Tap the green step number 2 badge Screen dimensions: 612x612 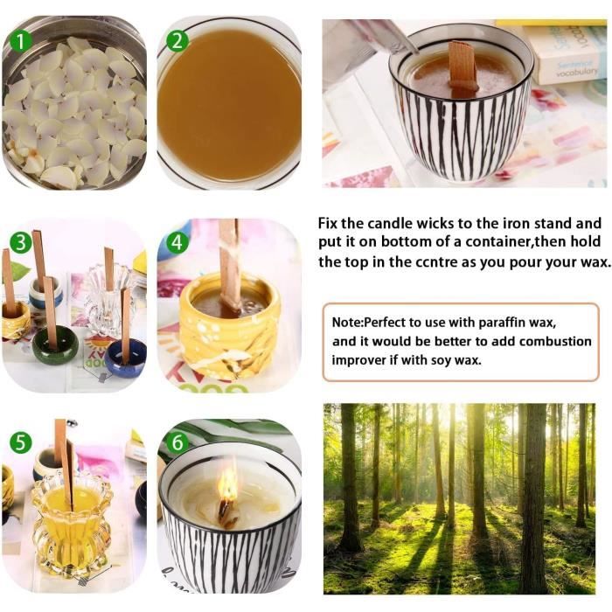pos(177,41)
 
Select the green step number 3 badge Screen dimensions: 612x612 pos(20,242)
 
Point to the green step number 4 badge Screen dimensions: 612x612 pos(177,242)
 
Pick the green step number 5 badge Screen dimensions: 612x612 pos(20,443)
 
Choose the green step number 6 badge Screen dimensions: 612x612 pos(177,443)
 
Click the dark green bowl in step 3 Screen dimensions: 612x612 pos(55,344)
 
